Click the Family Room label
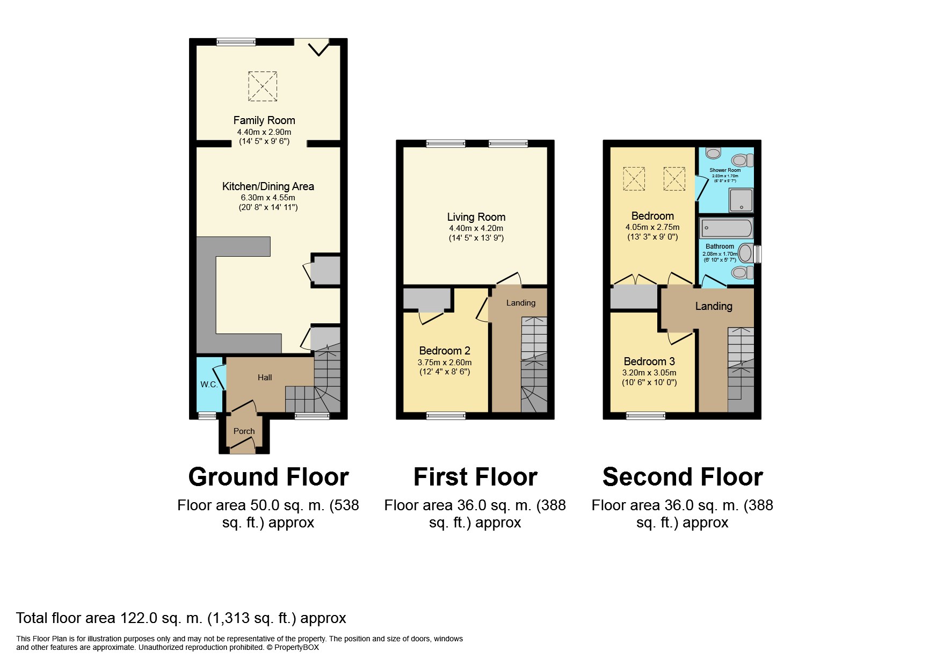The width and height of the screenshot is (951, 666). (264, 120)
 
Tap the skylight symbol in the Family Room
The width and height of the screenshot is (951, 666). (263, 86)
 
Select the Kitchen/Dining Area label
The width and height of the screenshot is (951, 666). (268, 186)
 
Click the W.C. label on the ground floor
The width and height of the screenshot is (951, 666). (209, 385)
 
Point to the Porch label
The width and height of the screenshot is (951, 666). (244, 431)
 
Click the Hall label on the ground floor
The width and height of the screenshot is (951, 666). (265, 378)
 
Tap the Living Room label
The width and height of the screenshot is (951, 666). (476, 217)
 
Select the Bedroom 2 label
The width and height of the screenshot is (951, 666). (445, 351)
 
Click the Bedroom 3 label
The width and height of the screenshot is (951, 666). (649, 361)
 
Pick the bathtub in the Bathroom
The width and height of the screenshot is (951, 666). (727, 228)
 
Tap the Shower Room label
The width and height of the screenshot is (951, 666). (725, 170)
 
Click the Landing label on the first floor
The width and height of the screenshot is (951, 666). (521, 303)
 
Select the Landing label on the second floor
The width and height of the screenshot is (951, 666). (714, 306)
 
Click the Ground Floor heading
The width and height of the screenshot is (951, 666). (268, 477)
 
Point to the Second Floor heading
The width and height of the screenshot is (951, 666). (683, 477)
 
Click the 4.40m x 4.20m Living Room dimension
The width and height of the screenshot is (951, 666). (476, 228)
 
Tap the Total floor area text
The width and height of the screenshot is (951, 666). (181, 618)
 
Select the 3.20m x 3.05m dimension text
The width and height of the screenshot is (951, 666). (649, 373)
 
